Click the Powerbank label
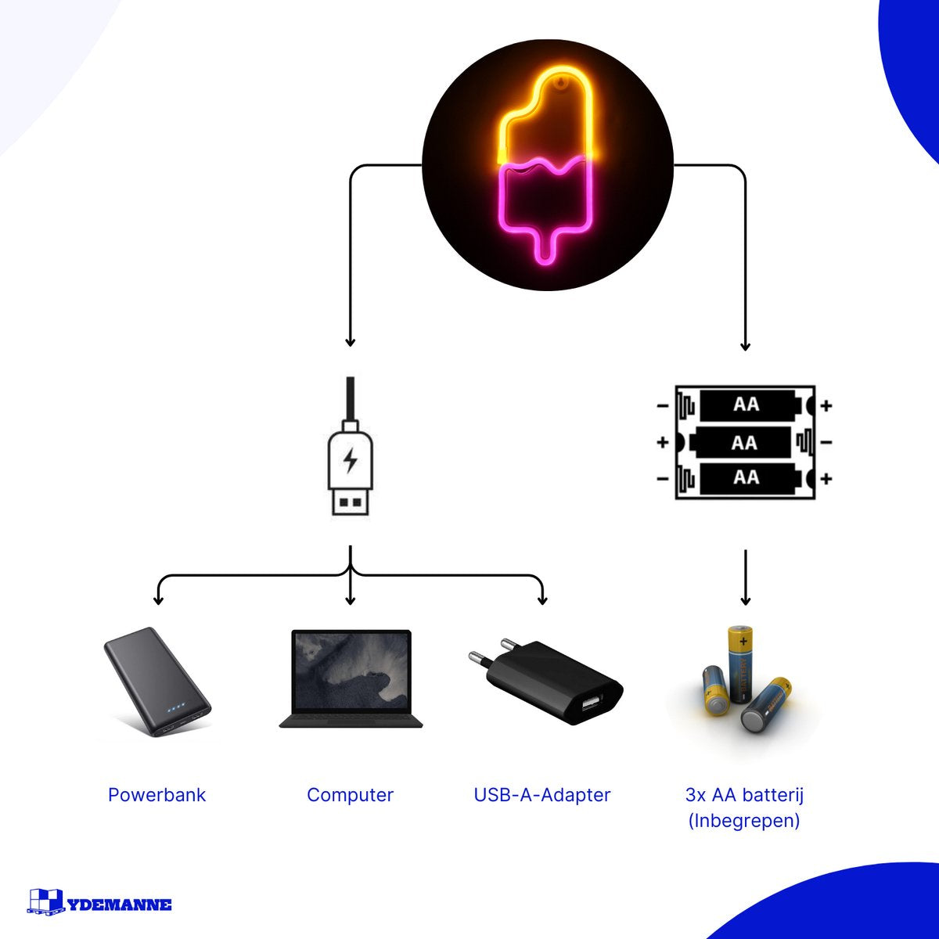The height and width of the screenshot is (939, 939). click(156, 795)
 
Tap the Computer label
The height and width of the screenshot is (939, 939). click(350, 795)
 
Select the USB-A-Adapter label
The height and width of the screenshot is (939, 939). click(541, 795)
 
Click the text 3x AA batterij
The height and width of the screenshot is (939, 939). click(744, 795)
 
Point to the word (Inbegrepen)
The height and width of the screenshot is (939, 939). click(744, 821)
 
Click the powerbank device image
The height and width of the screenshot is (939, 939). click(156, 681)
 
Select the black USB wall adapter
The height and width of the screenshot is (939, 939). click(556, 681)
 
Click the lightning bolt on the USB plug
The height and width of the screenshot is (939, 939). click(351, 459)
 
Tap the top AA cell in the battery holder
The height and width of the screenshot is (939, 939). click(746, 405)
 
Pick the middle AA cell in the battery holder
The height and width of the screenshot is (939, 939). click(743, 443)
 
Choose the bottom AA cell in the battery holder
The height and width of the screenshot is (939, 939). click(746, 477)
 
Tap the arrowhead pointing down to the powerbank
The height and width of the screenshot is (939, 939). click(159, 600)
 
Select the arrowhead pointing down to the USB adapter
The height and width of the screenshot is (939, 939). click(542, 600)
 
